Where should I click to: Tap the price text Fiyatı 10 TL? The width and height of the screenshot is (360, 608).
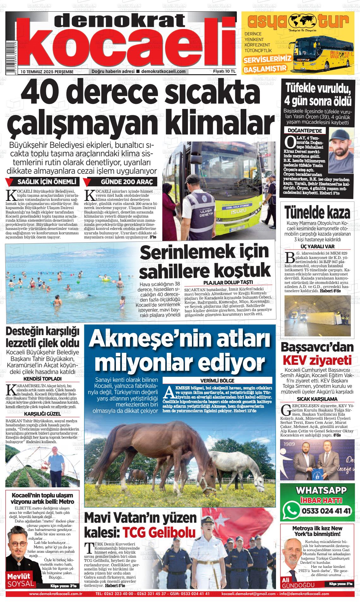(x=224, y=71)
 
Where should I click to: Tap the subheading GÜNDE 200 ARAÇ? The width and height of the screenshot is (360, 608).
(x=126, y=182)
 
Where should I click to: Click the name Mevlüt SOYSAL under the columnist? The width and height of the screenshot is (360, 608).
(x=20, y=580)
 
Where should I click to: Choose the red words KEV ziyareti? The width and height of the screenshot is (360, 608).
(x=317, y=360)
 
